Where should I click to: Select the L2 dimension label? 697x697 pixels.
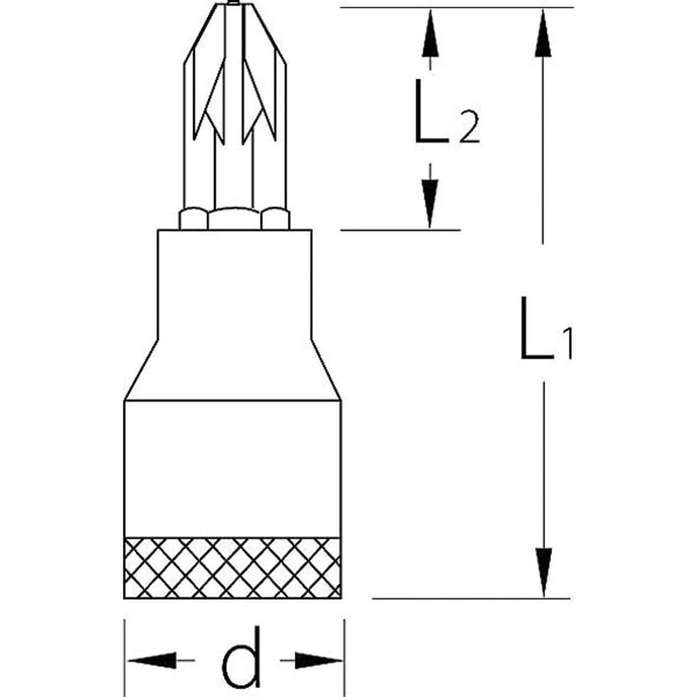click(x=446, y=112)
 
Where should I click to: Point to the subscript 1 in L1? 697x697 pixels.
click(x=566, y=344)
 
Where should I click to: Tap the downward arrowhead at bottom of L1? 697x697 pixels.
click(x=544, y=572)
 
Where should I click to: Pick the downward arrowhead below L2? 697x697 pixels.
click(x=431, y=203)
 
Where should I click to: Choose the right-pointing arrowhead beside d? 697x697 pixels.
click(x=319, y=659)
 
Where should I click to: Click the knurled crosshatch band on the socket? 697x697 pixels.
click(x=233, y=567)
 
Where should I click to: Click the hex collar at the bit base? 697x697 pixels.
click(x=234, y=218)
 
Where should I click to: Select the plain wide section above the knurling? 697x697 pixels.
click(x=233, y=467)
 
